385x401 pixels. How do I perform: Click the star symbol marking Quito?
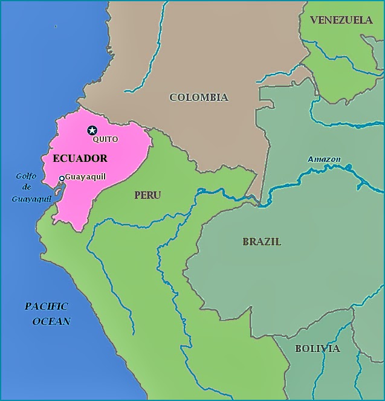tap(92, 130)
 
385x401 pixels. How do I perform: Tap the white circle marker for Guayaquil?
tap(62, 178)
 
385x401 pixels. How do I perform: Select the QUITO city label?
tap(105, 139)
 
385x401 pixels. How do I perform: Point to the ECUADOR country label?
tap(80, 159)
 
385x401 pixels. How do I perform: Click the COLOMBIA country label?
tap(198, 97)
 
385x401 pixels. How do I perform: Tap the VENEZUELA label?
tap(341, 20)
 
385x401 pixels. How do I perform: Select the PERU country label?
tap(147, 195)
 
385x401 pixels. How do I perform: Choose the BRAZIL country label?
tap(262, 242)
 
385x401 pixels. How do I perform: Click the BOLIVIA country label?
tap(317, 348)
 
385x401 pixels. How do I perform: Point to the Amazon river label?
tap(324, 159)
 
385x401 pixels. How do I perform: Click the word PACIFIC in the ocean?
tap(47, 306)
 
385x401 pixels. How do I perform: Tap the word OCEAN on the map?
tap(51, 321)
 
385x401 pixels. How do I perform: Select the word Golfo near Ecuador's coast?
tap(27, 176)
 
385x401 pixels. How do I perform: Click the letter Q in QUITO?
tap(95, 139)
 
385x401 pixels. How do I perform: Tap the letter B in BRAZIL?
tap(246, 242)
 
